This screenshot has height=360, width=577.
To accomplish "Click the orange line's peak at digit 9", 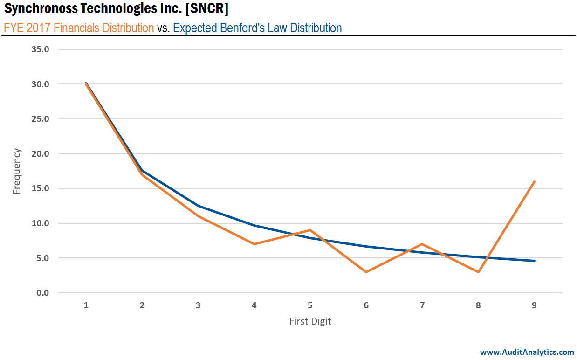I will (534, 181).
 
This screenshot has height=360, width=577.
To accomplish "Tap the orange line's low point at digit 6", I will (366, 272).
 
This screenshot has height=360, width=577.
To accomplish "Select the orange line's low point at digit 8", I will (478, 272).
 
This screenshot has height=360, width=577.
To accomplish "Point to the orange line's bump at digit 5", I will (310, 230).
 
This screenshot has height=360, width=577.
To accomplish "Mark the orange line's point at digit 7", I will (422, 244).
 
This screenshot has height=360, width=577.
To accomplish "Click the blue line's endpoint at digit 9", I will (534, 261).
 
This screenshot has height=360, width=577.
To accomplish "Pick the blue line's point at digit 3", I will (198, 206).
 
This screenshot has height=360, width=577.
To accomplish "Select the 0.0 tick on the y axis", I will (43, 293).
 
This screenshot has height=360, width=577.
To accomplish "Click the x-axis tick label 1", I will (86, 306).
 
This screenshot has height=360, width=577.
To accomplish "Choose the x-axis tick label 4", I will (254, 306).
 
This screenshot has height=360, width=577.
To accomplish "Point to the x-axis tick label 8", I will (478, 306).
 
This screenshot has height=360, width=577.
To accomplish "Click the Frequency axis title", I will (17, 171).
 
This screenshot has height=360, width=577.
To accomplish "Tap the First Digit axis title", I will (310, 321).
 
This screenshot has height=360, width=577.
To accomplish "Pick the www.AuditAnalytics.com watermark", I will (527, 352).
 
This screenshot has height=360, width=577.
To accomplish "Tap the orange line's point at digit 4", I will (254, 244).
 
